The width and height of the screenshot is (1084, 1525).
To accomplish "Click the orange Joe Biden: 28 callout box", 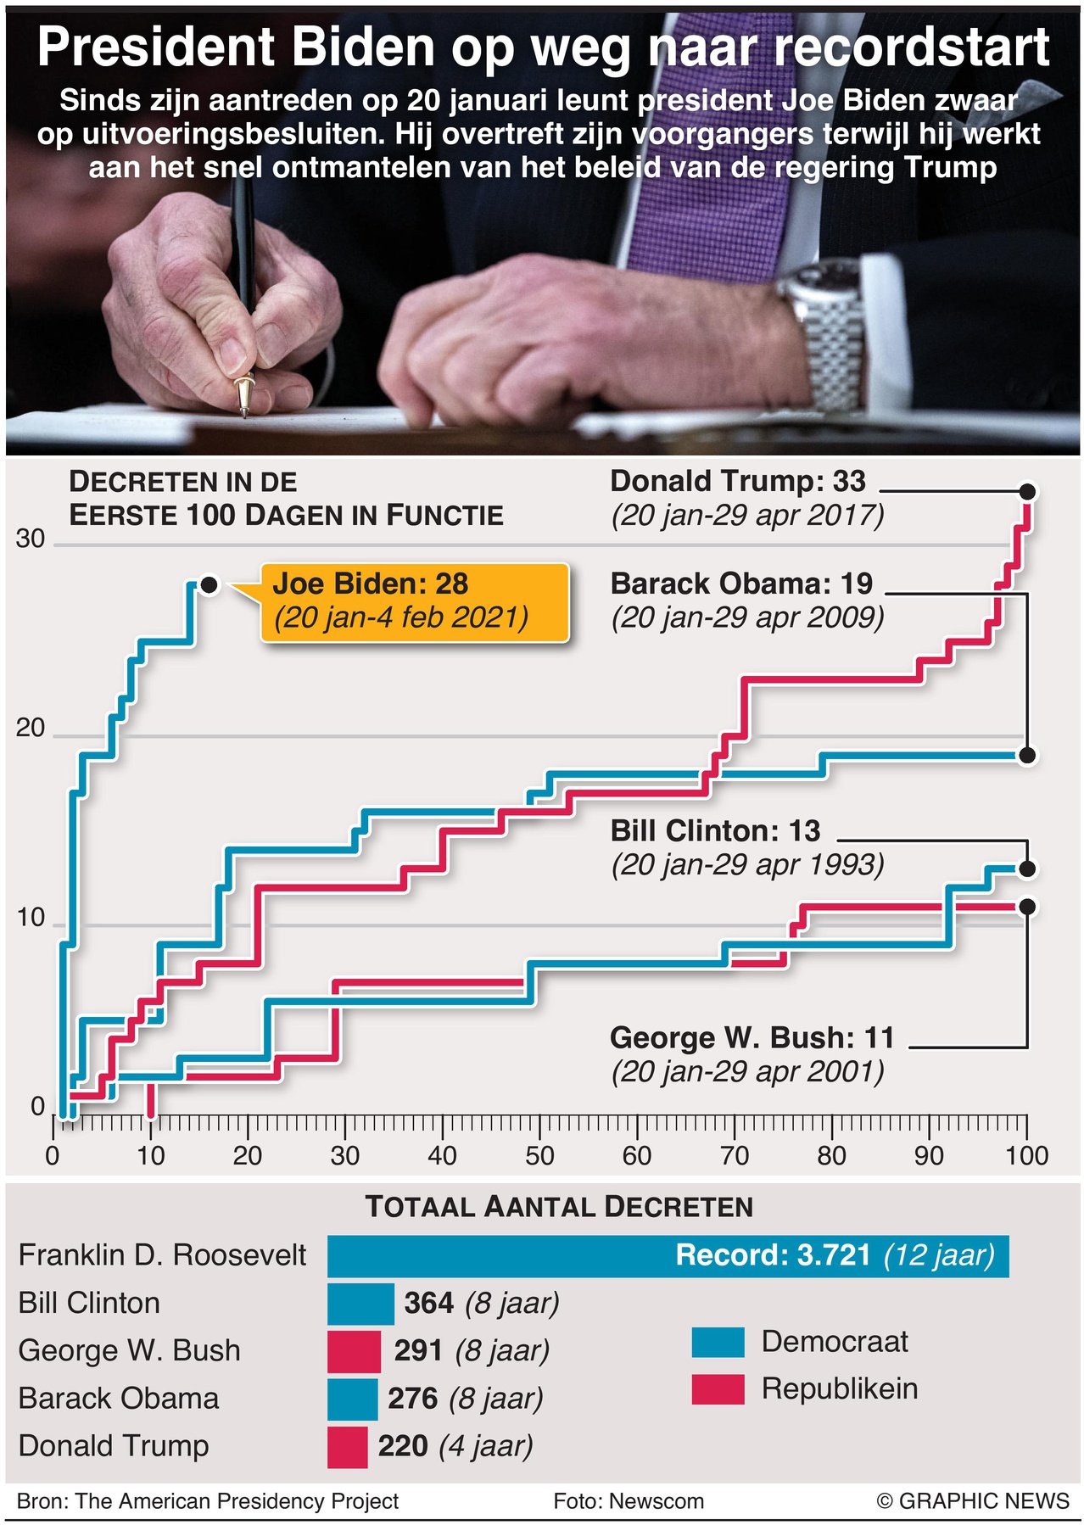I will pyautogui.click(x=414, y=601).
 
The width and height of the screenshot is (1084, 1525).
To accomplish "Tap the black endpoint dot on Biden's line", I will pyautogui.click(x=210, y=585).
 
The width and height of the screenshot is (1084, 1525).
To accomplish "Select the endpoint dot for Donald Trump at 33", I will pyautogui.click(x=1027, y=492).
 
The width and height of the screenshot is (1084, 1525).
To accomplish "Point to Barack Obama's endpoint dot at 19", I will pyautogui.click(x=1027, y=756).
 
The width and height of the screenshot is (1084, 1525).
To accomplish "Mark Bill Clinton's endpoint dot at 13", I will pyautogui.click(x=1027, y=869).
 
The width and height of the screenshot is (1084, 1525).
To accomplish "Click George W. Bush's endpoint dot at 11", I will pyautogui.click(x=1027, y=907).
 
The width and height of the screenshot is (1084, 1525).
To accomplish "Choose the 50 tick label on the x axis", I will pyautogui.click(x=539, y=1155).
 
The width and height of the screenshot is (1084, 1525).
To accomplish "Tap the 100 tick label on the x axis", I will pyautogui.click(x=1027, y=1155).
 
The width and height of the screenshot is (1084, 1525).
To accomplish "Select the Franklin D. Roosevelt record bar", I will pyautogui.click(x=668, y=1256).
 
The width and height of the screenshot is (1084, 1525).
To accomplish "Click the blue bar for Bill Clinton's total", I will pyautogui.click(x=360, y=1304).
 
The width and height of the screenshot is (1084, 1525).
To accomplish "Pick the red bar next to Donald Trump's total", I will pyautogui.click(x=347, y=1447).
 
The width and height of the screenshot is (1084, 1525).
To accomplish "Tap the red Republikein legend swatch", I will pyautogui.click(x=718, y=1389).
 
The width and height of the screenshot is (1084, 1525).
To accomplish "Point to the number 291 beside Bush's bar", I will pyautogui.click(x=418, y=1350).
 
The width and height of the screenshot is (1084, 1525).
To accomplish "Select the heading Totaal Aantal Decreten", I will pyautogui.click(x=559, y=1207).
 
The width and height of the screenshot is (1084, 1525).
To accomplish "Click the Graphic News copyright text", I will pyautogui.click(x=973, y=1501).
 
